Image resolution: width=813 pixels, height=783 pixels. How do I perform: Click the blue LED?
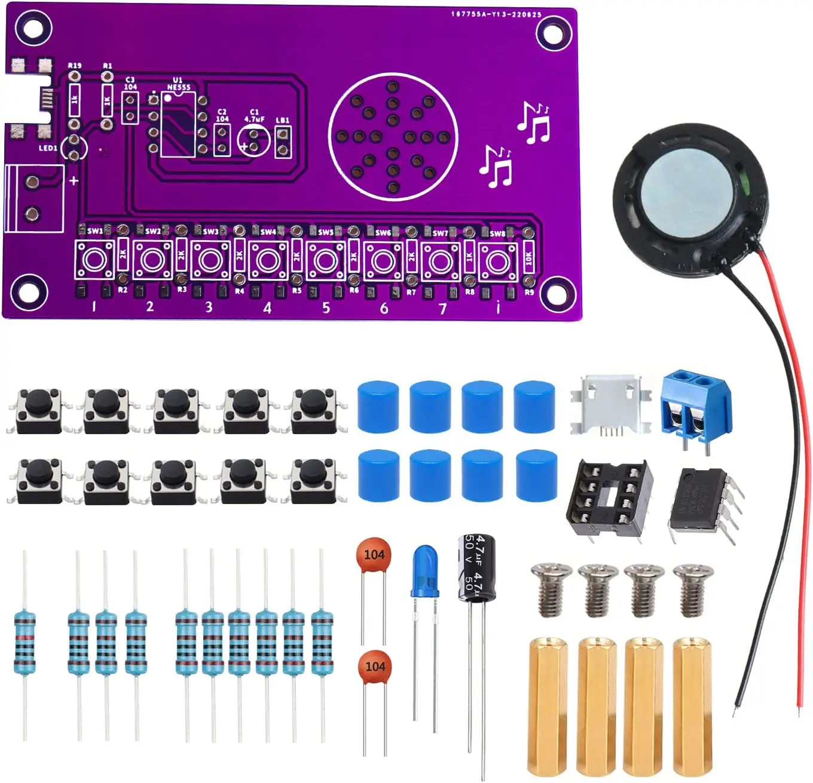424,570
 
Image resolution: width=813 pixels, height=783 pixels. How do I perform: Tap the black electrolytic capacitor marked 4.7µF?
476,567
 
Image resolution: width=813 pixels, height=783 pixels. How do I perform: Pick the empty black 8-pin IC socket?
609,498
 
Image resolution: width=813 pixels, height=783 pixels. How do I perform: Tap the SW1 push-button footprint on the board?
94,260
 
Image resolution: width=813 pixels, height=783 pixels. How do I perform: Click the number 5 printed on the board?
326,308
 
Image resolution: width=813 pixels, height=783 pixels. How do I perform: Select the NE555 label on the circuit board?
179,87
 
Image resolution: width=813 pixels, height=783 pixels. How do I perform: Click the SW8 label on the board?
497,234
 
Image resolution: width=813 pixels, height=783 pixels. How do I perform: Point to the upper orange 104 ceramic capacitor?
374,555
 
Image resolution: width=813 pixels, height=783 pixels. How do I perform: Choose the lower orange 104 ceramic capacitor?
375,667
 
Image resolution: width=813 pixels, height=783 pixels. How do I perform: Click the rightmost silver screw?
693,588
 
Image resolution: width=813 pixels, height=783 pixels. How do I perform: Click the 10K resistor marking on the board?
528,258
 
